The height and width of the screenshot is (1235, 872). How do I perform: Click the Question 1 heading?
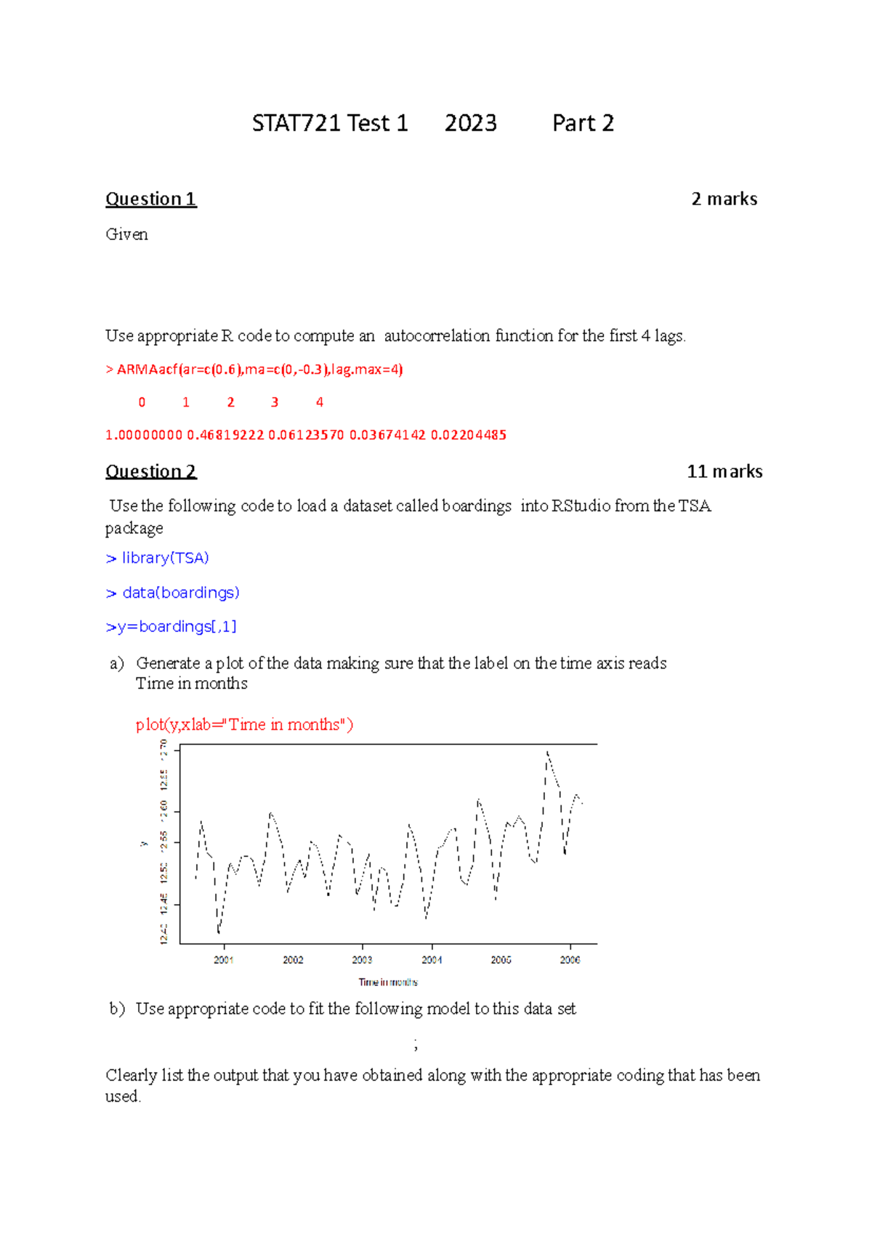pos(150,199)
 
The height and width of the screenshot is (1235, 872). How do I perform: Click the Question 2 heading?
pos(150,471)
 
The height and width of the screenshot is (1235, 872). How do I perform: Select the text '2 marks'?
pos(724,199)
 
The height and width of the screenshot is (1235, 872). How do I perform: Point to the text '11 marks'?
pos(724,471)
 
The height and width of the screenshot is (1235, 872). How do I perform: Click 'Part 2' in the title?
pos(583,123)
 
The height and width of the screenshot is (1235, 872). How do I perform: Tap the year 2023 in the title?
pos(470,123)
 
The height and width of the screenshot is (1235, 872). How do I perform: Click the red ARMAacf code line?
pos(254,369)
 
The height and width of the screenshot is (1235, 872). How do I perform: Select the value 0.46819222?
pos(225,435)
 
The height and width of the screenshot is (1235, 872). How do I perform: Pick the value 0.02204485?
pos(469,435)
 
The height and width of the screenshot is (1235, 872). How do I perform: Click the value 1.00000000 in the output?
pos(144,435)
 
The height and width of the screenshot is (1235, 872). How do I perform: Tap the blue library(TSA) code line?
pos(158,558)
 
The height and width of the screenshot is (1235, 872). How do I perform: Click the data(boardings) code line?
pos(173,593)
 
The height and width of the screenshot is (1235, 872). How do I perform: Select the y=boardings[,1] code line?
pos(171,626)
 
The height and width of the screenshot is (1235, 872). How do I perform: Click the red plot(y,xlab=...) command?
pos(244,724)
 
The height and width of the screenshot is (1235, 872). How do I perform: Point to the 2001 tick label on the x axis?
pos(223,960)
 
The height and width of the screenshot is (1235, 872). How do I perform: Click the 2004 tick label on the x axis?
pos(432,960)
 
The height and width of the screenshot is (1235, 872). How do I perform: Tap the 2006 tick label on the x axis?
pos(570,960)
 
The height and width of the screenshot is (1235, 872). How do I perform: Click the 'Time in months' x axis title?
pos(388,982)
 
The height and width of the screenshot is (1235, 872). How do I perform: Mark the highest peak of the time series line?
pos(547,752)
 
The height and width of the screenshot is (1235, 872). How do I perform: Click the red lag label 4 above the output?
pos(319,402)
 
